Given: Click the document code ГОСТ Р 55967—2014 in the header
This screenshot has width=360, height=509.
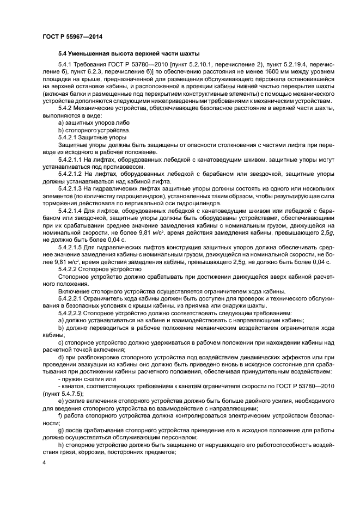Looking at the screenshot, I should click(72, 36).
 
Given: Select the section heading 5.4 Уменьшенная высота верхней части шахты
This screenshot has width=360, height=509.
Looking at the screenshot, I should click(129, 53).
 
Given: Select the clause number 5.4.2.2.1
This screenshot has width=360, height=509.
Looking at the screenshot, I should click(72, 297).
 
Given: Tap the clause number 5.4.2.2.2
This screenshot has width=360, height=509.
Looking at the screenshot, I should click(72, 314).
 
